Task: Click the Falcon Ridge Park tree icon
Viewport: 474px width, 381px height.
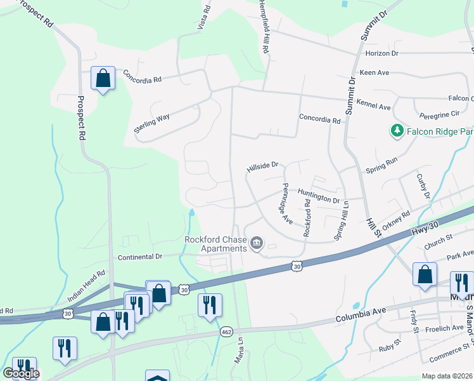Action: point(397,131)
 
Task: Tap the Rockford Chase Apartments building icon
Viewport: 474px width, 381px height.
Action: point(257,243)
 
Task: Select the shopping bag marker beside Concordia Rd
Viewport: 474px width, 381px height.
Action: point(103,79)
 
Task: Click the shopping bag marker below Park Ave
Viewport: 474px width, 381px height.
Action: point(425,274)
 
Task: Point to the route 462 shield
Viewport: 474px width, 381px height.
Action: point(226,332)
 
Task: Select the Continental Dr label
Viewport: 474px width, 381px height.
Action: point(140,257)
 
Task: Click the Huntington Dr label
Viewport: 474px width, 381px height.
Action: point(319,199)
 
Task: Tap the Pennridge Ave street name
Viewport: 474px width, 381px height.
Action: point(286,204)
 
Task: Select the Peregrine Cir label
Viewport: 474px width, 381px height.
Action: point(439,114)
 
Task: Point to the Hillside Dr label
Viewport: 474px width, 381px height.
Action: point(262,166)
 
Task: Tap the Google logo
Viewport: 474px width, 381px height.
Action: point(21,373)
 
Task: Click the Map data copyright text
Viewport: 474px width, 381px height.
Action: point(447,376)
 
